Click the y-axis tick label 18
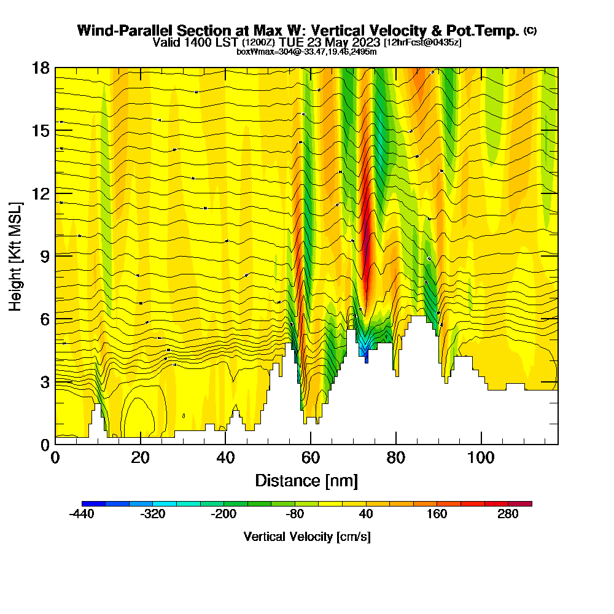click(x=41, y=68)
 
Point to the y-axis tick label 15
click(x=41, y=131)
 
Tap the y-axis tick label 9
click(x=45, y=255)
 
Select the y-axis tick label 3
click(x=45, y=381)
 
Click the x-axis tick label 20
click(x=140, y=457)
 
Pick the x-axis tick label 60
click(x=311, y=457)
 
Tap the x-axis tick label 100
click(x=481, y=457)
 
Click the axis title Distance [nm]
click(x=306, y=480)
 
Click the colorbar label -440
click(x=82, y=515)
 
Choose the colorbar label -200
click(x=223, y=515)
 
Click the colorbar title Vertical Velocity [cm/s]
click(x=306, y=537)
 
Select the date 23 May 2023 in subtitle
click(x=345, y=42)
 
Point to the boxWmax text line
click(x=306, y=52)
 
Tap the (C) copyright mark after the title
click(x=530, y=31)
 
